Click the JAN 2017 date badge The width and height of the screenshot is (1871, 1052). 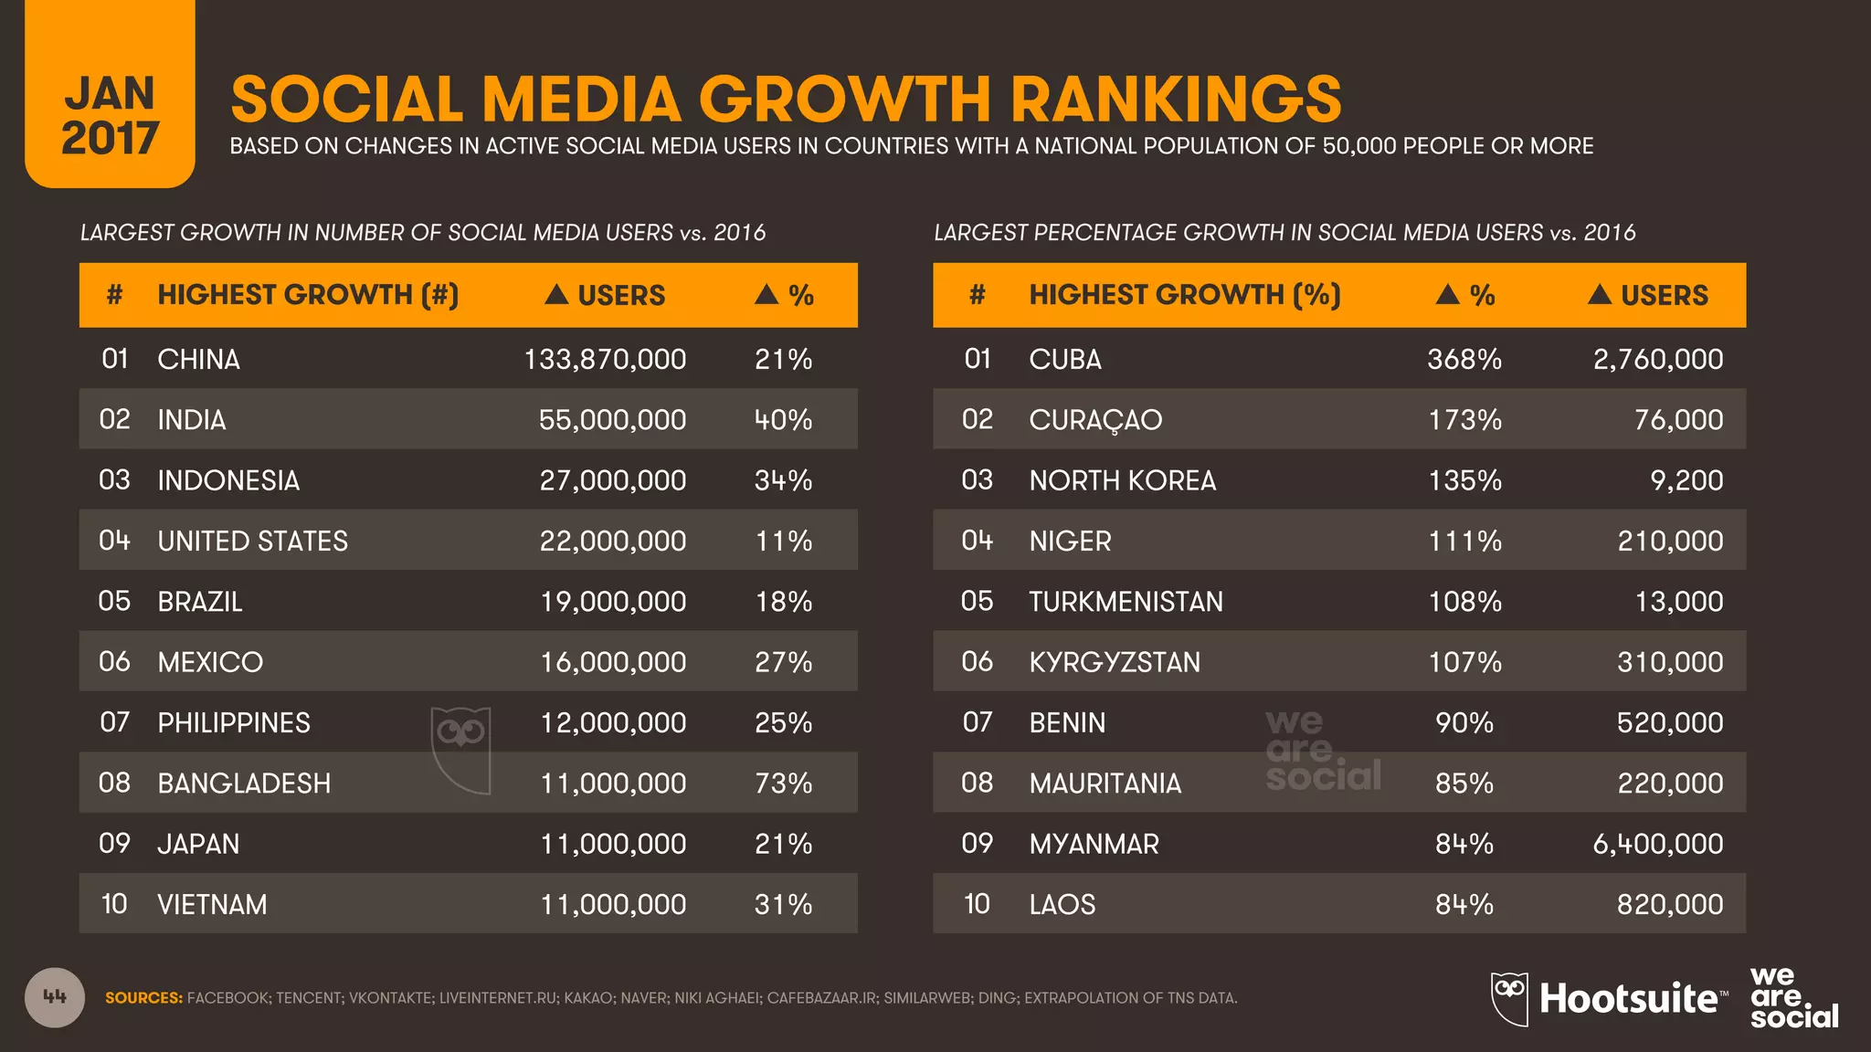click(x=110, y=115)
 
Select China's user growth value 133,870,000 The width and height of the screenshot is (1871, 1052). click(x=605, y=360)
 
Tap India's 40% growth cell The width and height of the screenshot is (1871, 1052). click(x=783, y=420)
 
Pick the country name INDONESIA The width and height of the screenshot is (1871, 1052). click(x=228, y=480)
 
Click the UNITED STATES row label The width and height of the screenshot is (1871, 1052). click(x=252, y=541)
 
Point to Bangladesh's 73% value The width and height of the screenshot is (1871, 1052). click(x=783, y=784)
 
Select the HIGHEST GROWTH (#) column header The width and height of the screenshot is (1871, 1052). click(x=308, y=295)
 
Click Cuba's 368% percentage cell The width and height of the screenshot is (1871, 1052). click(x=1464, y=360)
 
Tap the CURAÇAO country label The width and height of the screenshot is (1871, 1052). click(x=1095, y=420)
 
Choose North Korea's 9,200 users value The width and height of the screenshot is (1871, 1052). click(x=1686, y=480)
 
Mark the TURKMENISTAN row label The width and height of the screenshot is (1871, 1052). click(x=1126, y=602)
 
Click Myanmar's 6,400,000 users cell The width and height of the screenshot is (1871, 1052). click(x=1657, y=844)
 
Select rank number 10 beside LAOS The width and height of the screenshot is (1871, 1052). click(x=977, y=904)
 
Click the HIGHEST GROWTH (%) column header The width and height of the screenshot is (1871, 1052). click(x=1184, y=295)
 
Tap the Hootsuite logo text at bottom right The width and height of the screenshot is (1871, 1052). click(x=1628, y=999)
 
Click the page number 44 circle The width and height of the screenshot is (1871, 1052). click(x=55, y=997)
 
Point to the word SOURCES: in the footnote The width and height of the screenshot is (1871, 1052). click(x=143, y=998)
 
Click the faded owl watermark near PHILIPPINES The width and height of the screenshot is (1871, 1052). click(x=461, y=749)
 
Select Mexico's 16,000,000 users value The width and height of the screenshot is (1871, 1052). click(x=613, y=662)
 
